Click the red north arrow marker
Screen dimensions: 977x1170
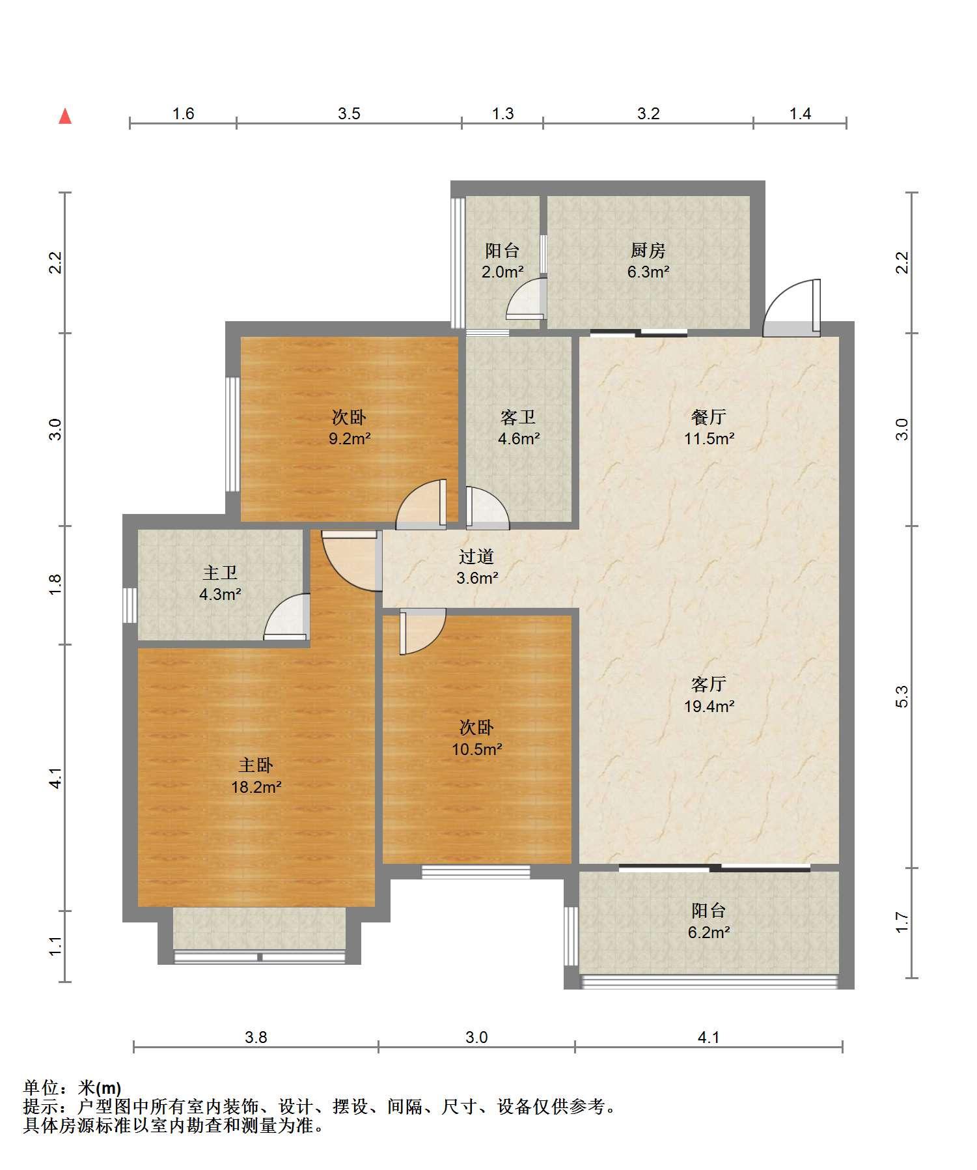click(65, 117)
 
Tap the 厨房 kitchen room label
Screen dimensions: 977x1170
click(648, 251)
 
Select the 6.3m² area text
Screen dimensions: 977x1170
click(648, 272)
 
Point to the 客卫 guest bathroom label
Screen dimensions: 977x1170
click(518, 417)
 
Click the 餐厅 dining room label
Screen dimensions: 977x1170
click(708, 417)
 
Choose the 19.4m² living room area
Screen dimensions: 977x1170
click(709, 706)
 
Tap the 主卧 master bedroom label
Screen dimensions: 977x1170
click(256, 765)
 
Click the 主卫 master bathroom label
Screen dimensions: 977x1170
click(220, 573)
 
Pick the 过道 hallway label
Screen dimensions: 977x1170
click(476, 556)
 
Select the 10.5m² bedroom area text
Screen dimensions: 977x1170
click(477, 749)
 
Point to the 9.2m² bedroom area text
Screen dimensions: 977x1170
click(350, 438)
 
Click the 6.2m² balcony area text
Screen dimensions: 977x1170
click(709, 932)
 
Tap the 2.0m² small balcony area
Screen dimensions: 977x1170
click(502, 272)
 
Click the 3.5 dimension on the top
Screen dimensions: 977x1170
click(349, 114)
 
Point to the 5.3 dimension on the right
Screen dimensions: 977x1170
click(901, 696)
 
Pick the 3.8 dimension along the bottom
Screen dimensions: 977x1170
click(256, 1037)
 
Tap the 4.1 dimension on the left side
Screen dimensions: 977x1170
click(56, 778)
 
